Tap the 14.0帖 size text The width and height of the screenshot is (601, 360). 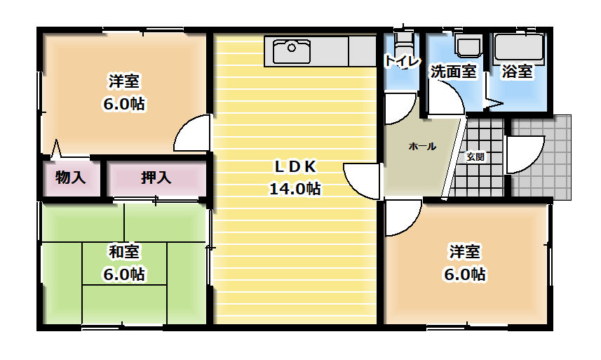[295, 188]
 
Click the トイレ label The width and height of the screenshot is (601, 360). [400, 61]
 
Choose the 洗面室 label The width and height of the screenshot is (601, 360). [453, 71]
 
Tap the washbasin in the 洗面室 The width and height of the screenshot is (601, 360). [466, 46]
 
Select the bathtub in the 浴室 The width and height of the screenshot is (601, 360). [518, 48]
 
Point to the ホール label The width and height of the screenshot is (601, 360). [421, 147]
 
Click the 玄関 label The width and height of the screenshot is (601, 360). [475, 156]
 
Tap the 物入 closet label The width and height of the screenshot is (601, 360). [70, 178]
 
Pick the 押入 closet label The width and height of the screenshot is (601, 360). [156, 178]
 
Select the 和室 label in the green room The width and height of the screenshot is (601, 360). [123, 251]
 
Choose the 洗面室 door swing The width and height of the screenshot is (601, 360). [447, 99]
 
